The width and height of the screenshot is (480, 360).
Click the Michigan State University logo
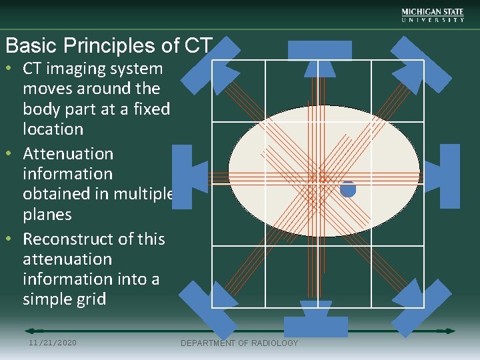pyautogui.click(x=433, y=15)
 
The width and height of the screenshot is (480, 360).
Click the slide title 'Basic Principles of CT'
pyautogui.click(x=108, y=45)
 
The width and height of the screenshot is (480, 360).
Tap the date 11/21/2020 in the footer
pyautogui.click(x=53, y=343)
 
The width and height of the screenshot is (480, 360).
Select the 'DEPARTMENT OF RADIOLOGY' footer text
pyautogui.click(x=239, y=343)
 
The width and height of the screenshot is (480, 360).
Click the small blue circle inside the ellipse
pyautogui.click(x=347, y=189)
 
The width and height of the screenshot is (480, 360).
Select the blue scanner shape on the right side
pyautogui.click(x=447, y=176)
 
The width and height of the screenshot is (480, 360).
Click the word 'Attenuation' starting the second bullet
pyautogui.click(x=68, y=153)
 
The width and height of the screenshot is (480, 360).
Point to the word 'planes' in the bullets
pyautogui.click(x=47, y=214)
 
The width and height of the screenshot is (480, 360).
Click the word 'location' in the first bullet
pyautogui.click(x=53, y=129)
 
